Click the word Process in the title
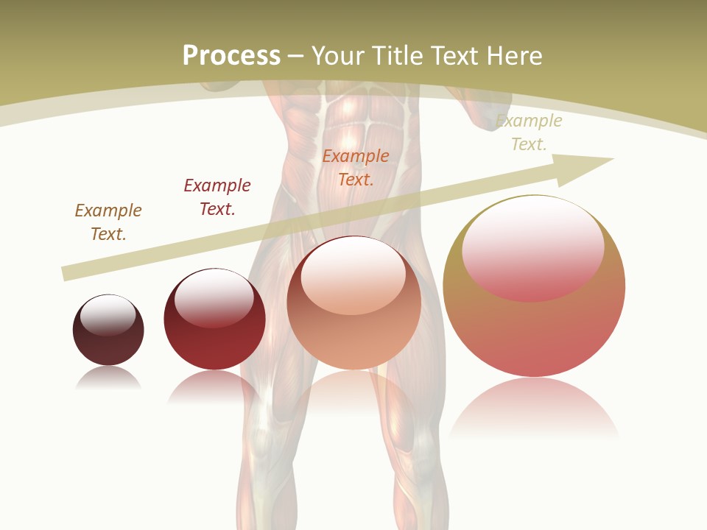coord(231,56)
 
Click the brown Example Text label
coord(108,222)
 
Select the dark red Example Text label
coord(217,197)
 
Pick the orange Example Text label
coord(356,167)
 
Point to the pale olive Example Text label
coord(529,132)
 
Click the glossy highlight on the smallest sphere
coord(108,316)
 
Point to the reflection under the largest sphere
coord(534,409)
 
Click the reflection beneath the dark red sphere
coord(214,386)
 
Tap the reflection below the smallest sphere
coord(108,378)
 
